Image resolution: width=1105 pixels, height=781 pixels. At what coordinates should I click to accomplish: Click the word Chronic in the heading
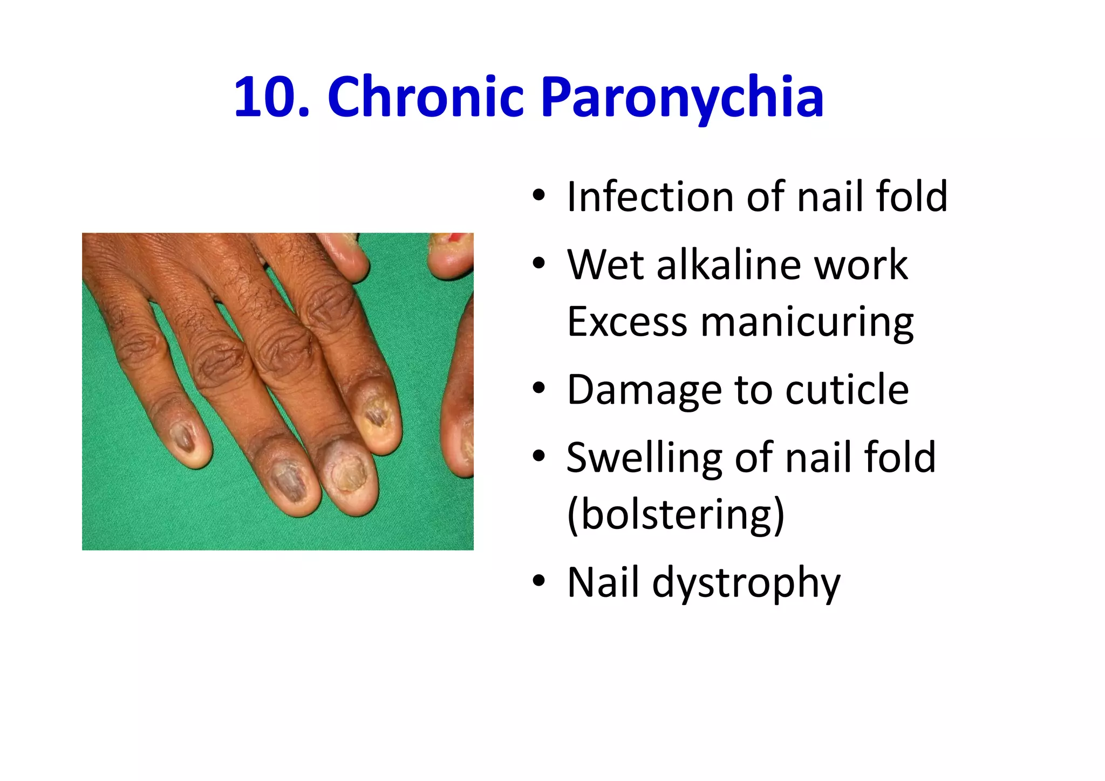point(426,97)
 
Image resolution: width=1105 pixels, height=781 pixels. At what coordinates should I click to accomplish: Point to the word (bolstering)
point(676,515)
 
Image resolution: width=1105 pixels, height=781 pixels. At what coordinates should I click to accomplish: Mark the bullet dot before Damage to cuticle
point(538,389)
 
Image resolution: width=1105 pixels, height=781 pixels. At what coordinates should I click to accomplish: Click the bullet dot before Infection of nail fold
point(538,195)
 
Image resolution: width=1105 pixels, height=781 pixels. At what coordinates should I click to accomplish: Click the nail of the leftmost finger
point(183,438)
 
